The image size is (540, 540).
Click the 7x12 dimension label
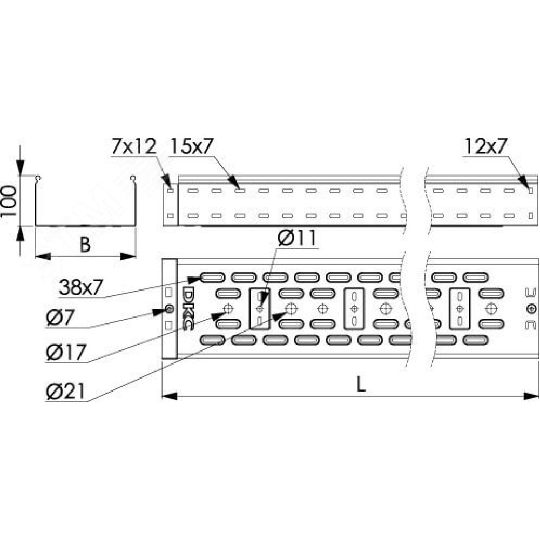[133, 146]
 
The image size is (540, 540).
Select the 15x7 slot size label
[192, 146]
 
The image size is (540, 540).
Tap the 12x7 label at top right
[486, 146]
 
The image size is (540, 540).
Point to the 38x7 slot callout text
[81, 287]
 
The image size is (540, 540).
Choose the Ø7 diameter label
[59, 318]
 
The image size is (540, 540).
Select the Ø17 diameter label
[66, 352]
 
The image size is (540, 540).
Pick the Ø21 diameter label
[65, 391]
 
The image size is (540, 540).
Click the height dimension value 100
[9, 201]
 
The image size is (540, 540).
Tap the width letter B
[85, 245]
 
